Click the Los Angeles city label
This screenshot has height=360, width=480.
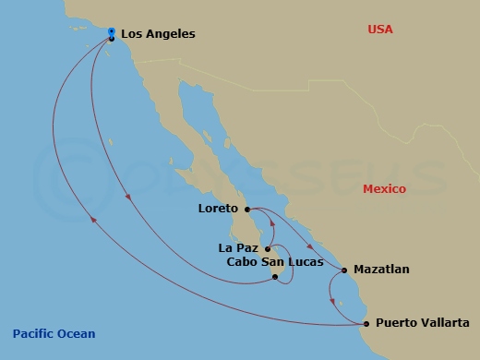coord(158,34)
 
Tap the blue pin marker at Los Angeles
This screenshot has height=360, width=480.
coord(111,33)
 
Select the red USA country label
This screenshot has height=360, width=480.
coord(379,30)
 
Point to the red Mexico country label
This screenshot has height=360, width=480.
coord(384,188)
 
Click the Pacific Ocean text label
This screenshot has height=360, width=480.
coord(54,333)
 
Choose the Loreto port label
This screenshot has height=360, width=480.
coord(219,209)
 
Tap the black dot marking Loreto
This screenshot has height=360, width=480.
coord(247,210)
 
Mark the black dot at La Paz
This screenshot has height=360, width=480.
coord(268,248)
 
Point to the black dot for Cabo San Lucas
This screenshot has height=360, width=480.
coord(275,276)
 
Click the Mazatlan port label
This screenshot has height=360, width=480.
coord(380,270)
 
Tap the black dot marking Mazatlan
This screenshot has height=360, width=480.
coord(343,270)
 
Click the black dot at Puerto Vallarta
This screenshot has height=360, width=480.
coord(366,323)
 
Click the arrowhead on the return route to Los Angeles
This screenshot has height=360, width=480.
coord(93,219)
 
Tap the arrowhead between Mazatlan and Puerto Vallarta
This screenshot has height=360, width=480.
coord(332,300)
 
